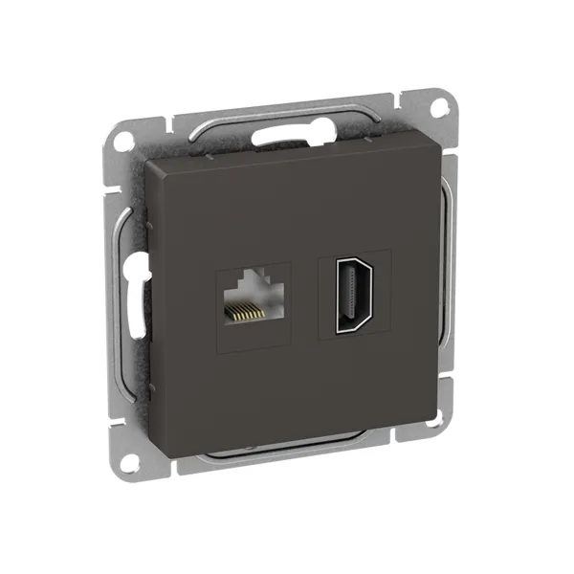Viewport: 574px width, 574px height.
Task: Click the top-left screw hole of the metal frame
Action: (123, 140)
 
